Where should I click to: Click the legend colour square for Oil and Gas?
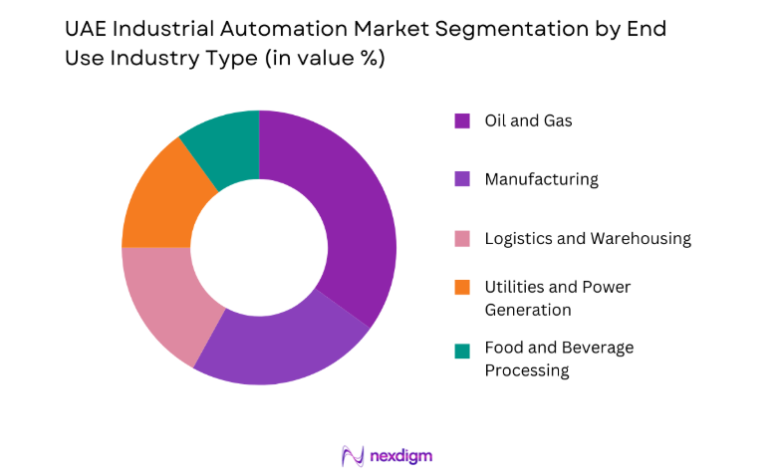tap(461, 121)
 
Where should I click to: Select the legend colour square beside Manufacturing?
tap(461, 180)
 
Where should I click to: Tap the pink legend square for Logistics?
tap(461, 239)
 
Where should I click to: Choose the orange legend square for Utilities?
tap(461, 288)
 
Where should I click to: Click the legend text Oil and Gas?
tap(528, 121)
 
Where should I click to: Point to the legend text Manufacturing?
tap(541, 180)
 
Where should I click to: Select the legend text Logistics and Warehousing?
tap(588, 239)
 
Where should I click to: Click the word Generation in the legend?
tap(528, 310)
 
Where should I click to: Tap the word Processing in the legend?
tap(526, 370)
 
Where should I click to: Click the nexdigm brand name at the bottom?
tap(402, 456)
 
